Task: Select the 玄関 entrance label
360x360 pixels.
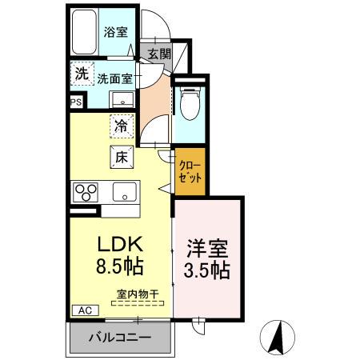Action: pos(159,54)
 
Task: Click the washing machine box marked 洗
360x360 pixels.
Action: pos(81,74)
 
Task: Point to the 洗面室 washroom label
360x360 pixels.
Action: pos(115,79)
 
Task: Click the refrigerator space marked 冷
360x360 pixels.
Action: pos(120,126)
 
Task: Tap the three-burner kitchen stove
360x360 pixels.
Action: pos(86,192)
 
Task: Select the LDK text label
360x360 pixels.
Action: pos(119,242)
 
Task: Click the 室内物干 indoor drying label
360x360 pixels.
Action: pos(138,294)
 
